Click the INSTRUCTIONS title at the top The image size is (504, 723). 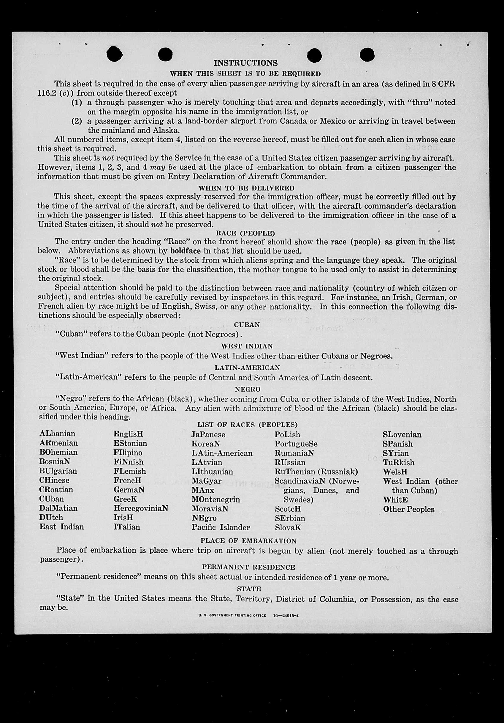pos(245,63)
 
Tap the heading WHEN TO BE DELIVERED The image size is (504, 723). pos(246,188)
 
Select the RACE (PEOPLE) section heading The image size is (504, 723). pos(245,233)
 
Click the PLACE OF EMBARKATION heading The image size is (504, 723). pos(248,541)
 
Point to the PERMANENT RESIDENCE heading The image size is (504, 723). pos(248,567)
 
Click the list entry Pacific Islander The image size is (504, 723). pos(221,527)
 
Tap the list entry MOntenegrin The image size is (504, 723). pos(216,499)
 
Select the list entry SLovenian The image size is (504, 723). pos(402,435)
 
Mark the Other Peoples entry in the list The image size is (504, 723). pos(408,509)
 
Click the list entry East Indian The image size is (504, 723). pos(62,527)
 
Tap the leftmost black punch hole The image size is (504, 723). pos(115,54)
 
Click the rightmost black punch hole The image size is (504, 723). pos(367,54)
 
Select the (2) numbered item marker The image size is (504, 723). pos(77,121)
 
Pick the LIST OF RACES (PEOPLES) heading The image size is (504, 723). pos(248,425)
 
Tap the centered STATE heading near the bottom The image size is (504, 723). pos(249,589)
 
